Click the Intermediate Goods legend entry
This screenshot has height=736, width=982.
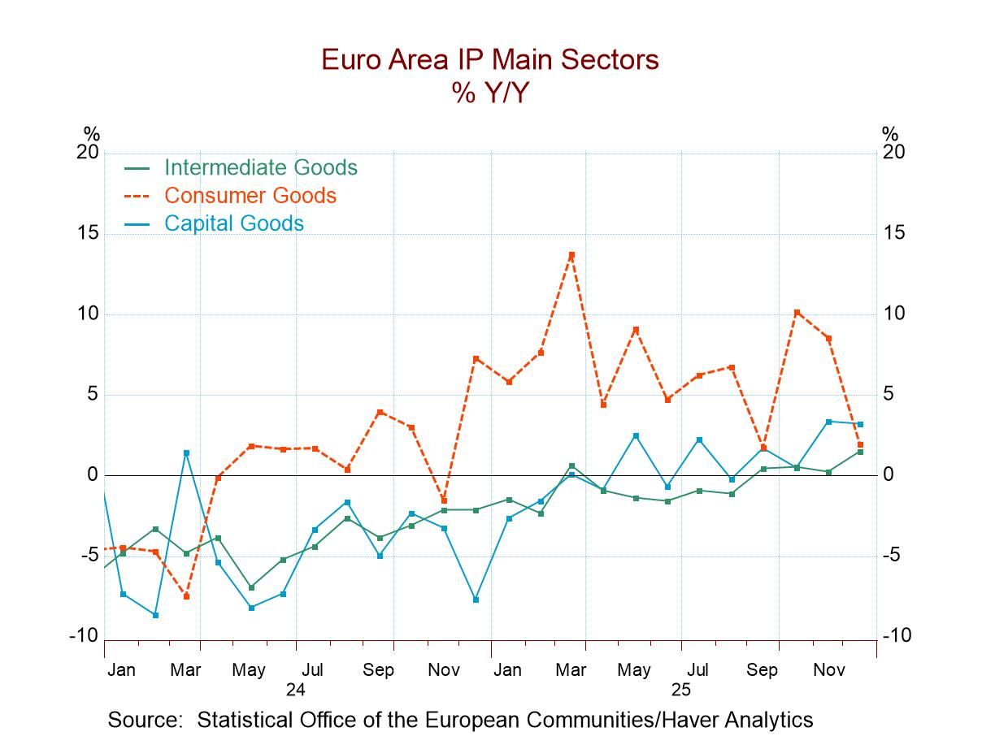[x=260, y=167]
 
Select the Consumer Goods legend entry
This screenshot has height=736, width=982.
[x=250, y=196]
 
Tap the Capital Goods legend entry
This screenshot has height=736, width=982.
[x=233, y=223]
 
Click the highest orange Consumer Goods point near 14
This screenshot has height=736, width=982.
[x=571, y=255]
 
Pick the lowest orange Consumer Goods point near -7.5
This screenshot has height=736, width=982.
[x=186, y=596]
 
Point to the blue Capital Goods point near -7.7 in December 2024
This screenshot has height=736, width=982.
[x=476, y=600]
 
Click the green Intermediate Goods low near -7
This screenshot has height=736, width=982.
[x=251, y=587]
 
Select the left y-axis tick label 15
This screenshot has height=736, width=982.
[x=87, y=234]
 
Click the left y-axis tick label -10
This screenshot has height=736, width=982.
[x=83, y=636]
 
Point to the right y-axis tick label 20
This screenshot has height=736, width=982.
[x=894, y=153]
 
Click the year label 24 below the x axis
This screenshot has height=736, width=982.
[x=295, y=689]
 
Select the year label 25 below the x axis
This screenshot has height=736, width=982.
[x=680, y=689]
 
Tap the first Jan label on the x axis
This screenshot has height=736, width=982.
[x=121, y=670]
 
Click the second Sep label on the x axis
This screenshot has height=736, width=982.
[x=762, y=670]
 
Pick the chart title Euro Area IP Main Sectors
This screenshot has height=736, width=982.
[x=490, y=60]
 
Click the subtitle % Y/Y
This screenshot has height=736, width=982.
[x=490, y=93]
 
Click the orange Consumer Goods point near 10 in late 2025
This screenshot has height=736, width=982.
[x=797, y=312]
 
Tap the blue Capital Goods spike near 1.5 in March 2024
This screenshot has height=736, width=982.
[x=186, y=452]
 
